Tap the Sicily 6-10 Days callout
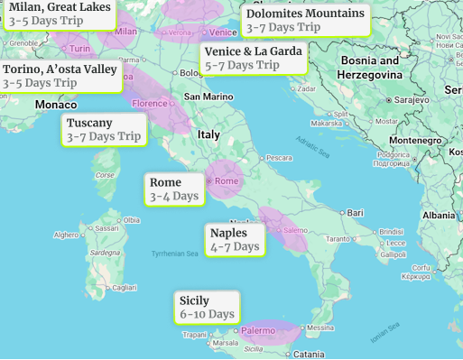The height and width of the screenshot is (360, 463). pyautogui.click(x=208, y=308)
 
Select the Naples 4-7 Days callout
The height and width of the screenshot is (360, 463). pyautogui.click(x=235, y=240)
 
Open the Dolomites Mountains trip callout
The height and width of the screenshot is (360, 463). pyautogui.click(x=306, y=20)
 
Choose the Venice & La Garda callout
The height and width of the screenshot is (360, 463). pyautogui.click(x=254, y=58)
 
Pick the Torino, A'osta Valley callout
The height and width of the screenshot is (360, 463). pyautogui.click(x=60, y=76)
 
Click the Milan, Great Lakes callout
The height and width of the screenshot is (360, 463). pyautogui.click(x=60, y=14)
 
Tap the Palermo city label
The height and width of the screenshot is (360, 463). pyautogui.click(x=258, y=331)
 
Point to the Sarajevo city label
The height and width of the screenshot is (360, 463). pyautogui.click(x=412, y=99)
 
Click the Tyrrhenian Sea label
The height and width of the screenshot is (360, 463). pyautogui.click(x=175, y=254)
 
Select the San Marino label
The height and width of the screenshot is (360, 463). pyautogui.click(x=208, y=96)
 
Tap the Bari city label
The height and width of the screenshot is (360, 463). pyautogui.click(x=355, y=213)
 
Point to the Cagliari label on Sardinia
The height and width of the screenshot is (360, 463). pyautogui.click(x=124, y=287)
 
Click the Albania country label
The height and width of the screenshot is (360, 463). pyautogui.click(x=440, y=216)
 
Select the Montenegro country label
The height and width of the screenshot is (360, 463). pyautogui.click(x=416, y=141)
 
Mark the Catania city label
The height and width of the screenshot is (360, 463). pyautogui.click(x=309, y=354)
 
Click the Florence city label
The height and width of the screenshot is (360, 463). pyautogui.click(x=150, y=104)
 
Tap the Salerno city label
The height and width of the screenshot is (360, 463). pyautogui.click(x=295, y=231)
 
